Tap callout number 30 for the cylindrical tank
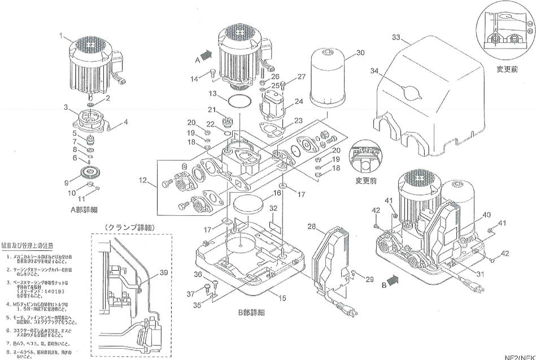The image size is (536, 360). pyautogui.click(x=360, y=52)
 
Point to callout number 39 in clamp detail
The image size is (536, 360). pyautogui.click(x=164, y=273)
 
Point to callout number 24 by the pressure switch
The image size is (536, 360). pyautogui.click(x=298, y=102)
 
